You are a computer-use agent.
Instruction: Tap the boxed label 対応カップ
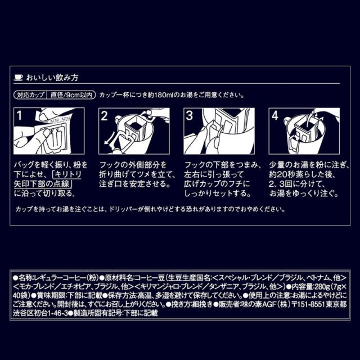tap(29, 95)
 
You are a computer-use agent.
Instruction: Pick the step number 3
tap(190, 116)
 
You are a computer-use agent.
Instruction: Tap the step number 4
tap(275, 116)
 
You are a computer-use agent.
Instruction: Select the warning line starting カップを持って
tap(146, 209)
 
